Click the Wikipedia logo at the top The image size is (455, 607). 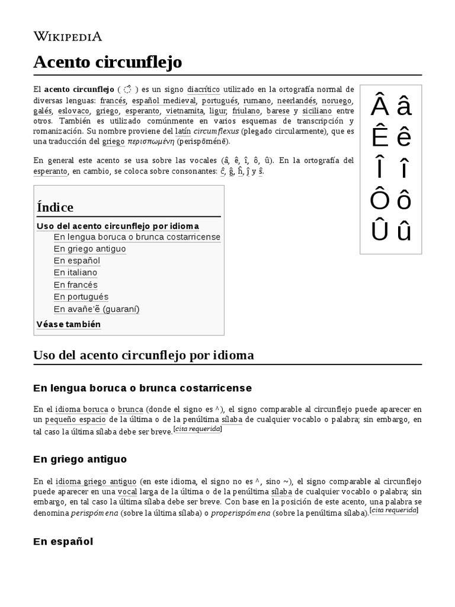[x=68, y=36]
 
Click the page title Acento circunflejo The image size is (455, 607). [x=107, y=62]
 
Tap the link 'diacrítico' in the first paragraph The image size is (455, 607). [x=203, y=90]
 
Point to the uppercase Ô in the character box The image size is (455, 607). [x=379, y=200]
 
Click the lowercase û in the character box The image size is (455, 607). [x=404, y=231]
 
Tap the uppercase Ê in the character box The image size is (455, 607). [x=379, y=138]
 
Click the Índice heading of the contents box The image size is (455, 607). [x=55, y=207]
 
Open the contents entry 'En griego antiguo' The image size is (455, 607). [x=89, y=249]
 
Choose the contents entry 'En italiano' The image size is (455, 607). [x=75, y=273]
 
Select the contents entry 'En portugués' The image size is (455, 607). [x=81, y=296]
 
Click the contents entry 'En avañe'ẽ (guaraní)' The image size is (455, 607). [x=97, y=309]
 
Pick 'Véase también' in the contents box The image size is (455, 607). [x=69, y=324]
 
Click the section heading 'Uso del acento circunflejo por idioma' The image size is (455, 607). [x=144, y=355]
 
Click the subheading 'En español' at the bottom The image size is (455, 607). [x=63, y=541]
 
